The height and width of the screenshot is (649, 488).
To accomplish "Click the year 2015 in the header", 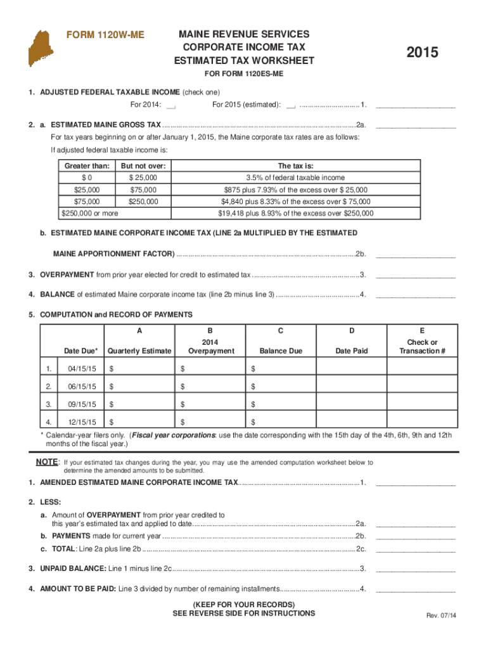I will pyautogui.click(x=422, y=53).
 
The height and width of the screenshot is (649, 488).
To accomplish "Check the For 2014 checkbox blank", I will pyautogui.click(x=171, y=105).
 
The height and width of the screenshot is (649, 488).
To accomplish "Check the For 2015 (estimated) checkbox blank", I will pyautogui.click(x=291, y=105).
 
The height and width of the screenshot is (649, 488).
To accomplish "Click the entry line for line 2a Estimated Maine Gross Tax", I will pyautogui.click(x=416, y=126).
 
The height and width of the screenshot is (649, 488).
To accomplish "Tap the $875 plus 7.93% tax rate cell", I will pyautogui.click(x=296, y=190).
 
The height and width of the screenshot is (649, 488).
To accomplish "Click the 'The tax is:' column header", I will pyautogui.click(x=296, y=166).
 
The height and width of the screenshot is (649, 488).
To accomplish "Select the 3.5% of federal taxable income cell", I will pyautogui.click(x=296, y=178).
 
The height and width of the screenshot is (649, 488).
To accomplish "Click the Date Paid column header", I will pyautogui.click(x=351, y=351).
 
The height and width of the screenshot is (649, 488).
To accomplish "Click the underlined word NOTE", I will pyautogui.click(x=46, y=462).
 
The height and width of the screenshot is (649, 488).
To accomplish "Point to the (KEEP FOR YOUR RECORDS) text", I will pyautogui.click(x=243, y=604).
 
